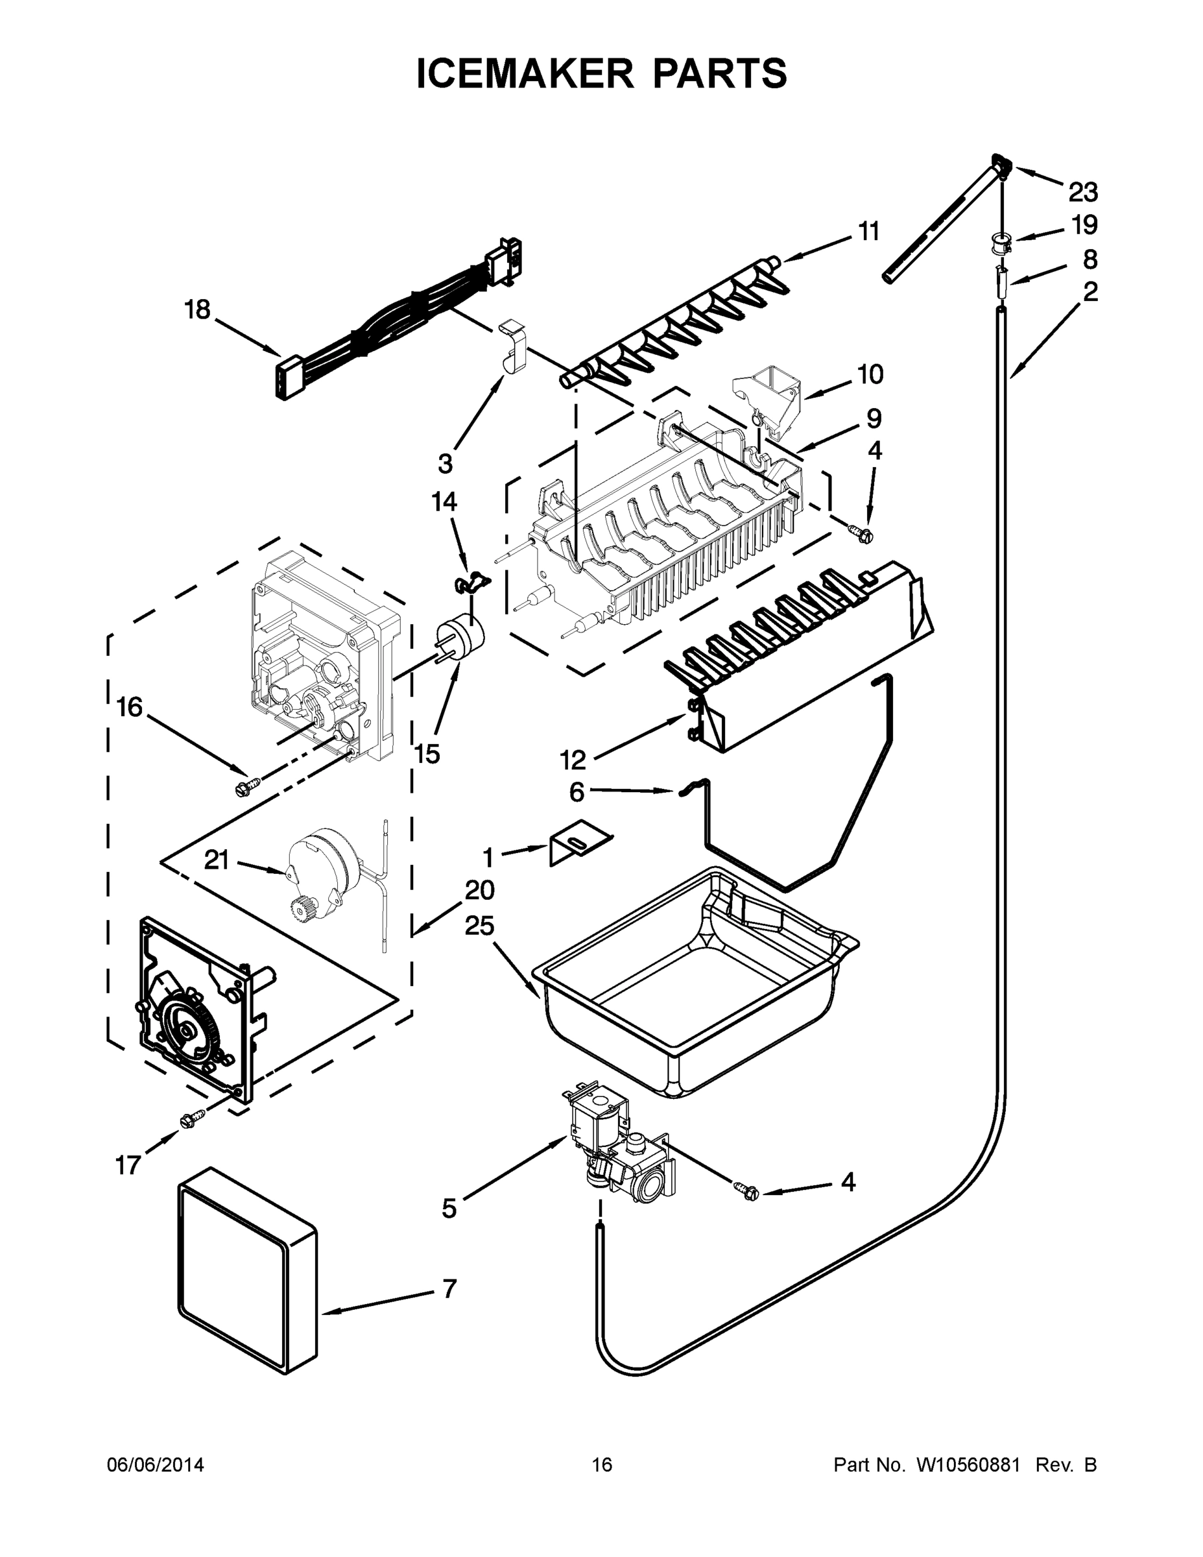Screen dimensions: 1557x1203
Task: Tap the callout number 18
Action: click(x=197, y=309)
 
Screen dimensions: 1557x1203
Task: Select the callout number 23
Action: click(x=1082, y=192)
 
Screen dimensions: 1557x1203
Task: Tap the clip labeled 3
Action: click(x=514, y=347)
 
